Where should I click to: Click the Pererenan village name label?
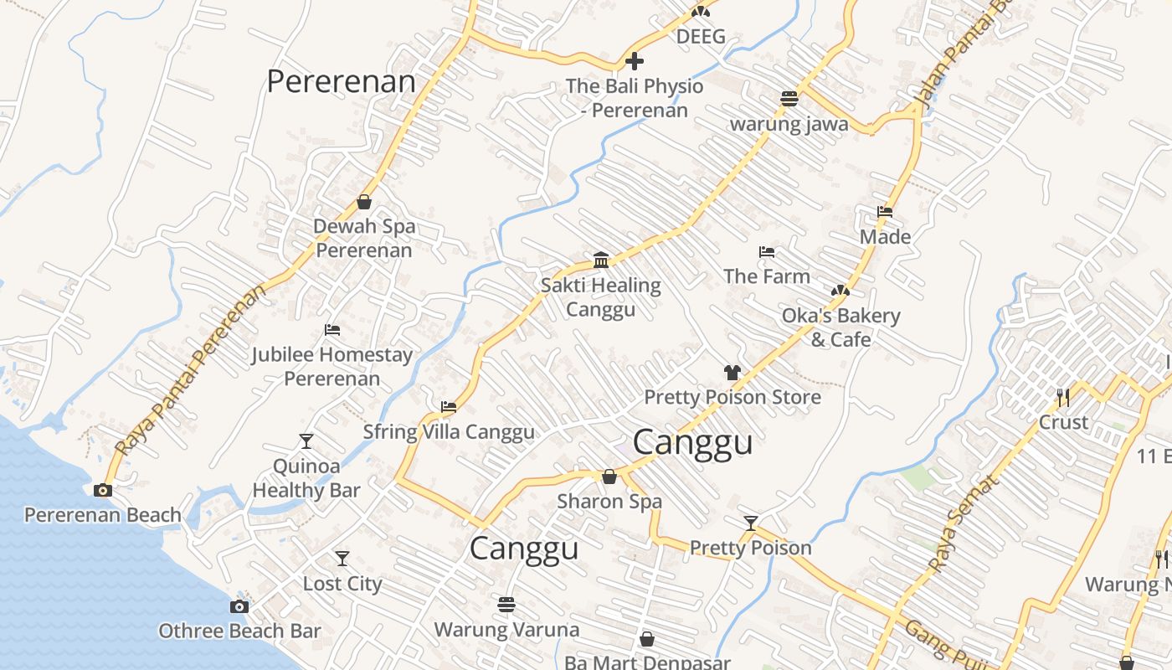[x=341, y=81]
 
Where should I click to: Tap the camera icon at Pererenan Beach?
[x=103, y=491]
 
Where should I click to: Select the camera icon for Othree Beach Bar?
[x=239, y=606]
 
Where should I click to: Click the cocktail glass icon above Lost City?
[x=342, y=559]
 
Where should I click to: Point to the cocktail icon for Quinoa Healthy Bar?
[x=306, y=441]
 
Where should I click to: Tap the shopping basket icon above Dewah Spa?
[x=364, y=202]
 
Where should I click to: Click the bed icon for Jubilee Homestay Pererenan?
[x=332, y=330]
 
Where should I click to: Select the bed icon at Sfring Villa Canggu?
[x=449, y=408]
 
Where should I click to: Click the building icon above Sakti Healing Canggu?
[x=600, y=260]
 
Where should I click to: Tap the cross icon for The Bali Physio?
[x=635, y=61]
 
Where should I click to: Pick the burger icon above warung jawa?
[x=789, y=99]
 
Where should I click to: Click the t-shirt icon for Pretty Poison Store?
[x=732, y=373]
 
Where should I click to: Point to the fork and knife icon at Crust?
[x=1063, y=397]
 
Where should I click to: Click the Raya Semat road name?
[x=964, y=524]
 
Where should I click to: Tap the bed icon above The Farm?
[x=766, y=252]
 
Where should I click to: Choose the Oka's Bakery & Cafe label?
[x=840, y=327]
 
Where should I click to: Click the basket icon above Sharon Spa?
[x=609, y=477]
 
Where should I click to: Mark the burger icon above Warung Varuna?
[x=506, y=604]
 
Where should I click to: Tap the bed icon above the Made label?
[x=885, y=212]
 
